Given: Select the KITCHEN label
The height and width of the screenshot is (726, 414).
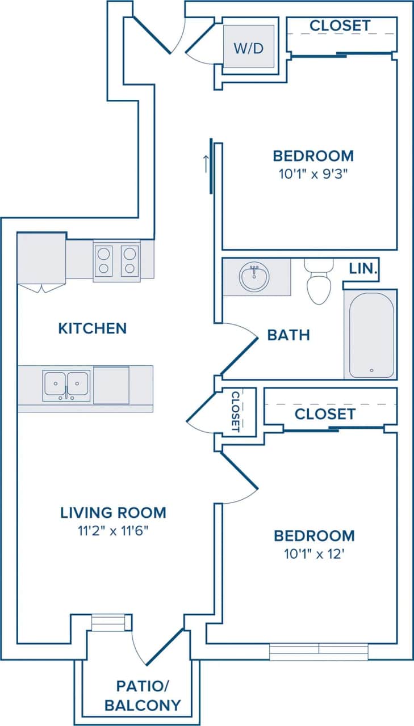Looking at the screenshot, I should [93, 328].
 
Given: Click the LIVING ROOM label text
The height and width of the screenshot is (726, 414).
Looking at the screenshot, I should [113, 513].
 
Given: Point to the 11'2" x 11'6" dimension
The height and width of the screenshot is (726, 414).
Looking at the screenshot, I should [113, 531].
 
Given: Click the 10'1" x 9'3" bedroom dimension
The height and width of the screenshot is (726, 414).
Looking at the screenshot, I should [313, 174].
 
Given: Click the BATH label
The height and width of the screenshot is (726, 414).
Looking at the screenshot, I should [288, 335].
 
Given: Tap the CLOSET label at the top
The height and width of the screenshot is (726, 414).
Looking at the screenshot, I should [340, 26].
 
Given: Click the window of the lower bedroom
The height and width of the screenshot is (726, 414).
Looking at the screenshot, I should [319, 652].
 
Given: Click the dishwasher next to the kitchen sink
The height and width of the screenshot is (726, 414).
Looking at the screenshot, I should [111, 385].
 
